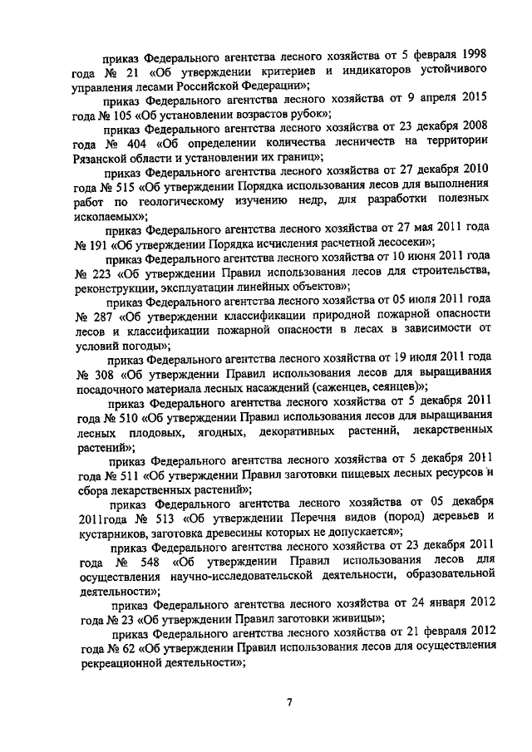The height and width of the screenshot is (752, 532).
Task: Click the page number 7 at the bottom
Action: click(289, 703)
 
